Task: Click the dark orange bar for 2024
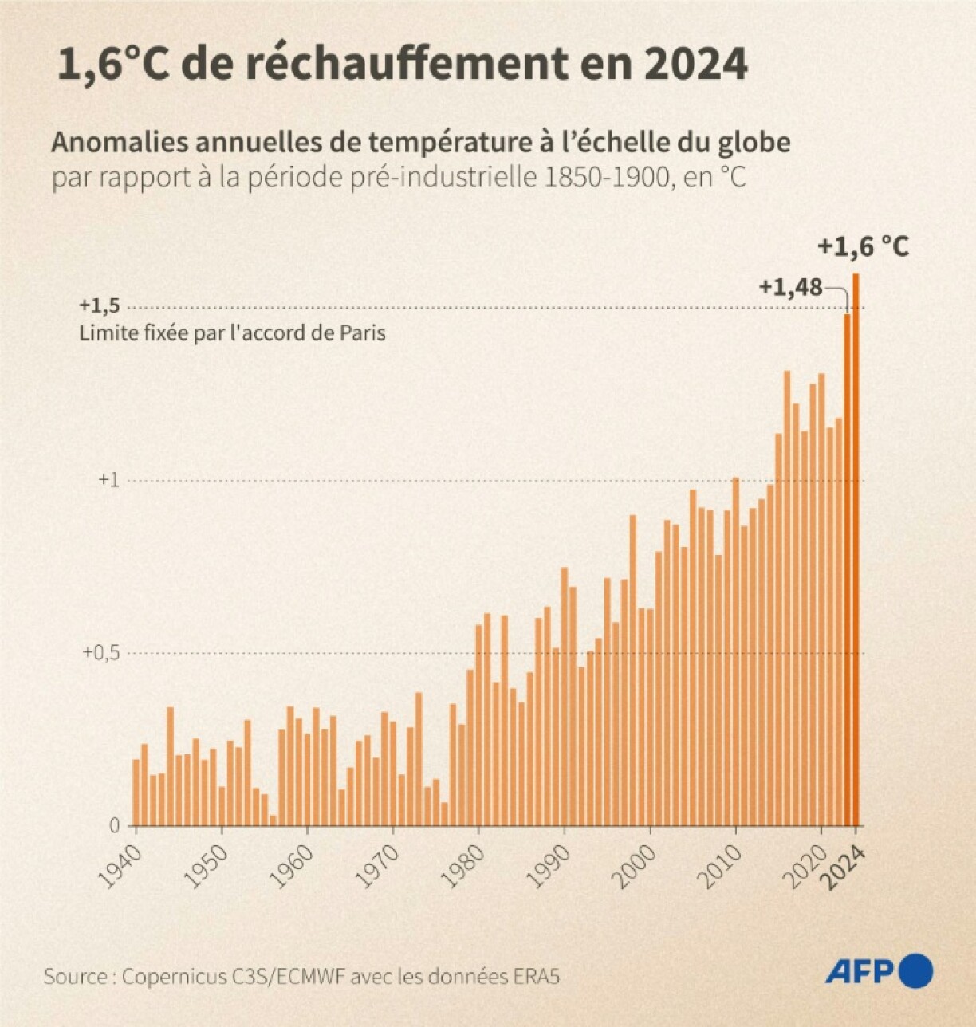856,550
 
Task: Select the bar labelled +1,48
848,570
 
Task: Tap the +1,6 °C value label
864,247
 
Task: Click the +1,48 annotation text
790,287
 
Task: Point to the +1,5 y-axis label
100,306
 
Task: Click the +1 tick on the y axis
108,480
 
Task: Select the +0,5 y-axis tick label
101,652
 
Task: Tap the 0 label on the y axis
115,826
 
